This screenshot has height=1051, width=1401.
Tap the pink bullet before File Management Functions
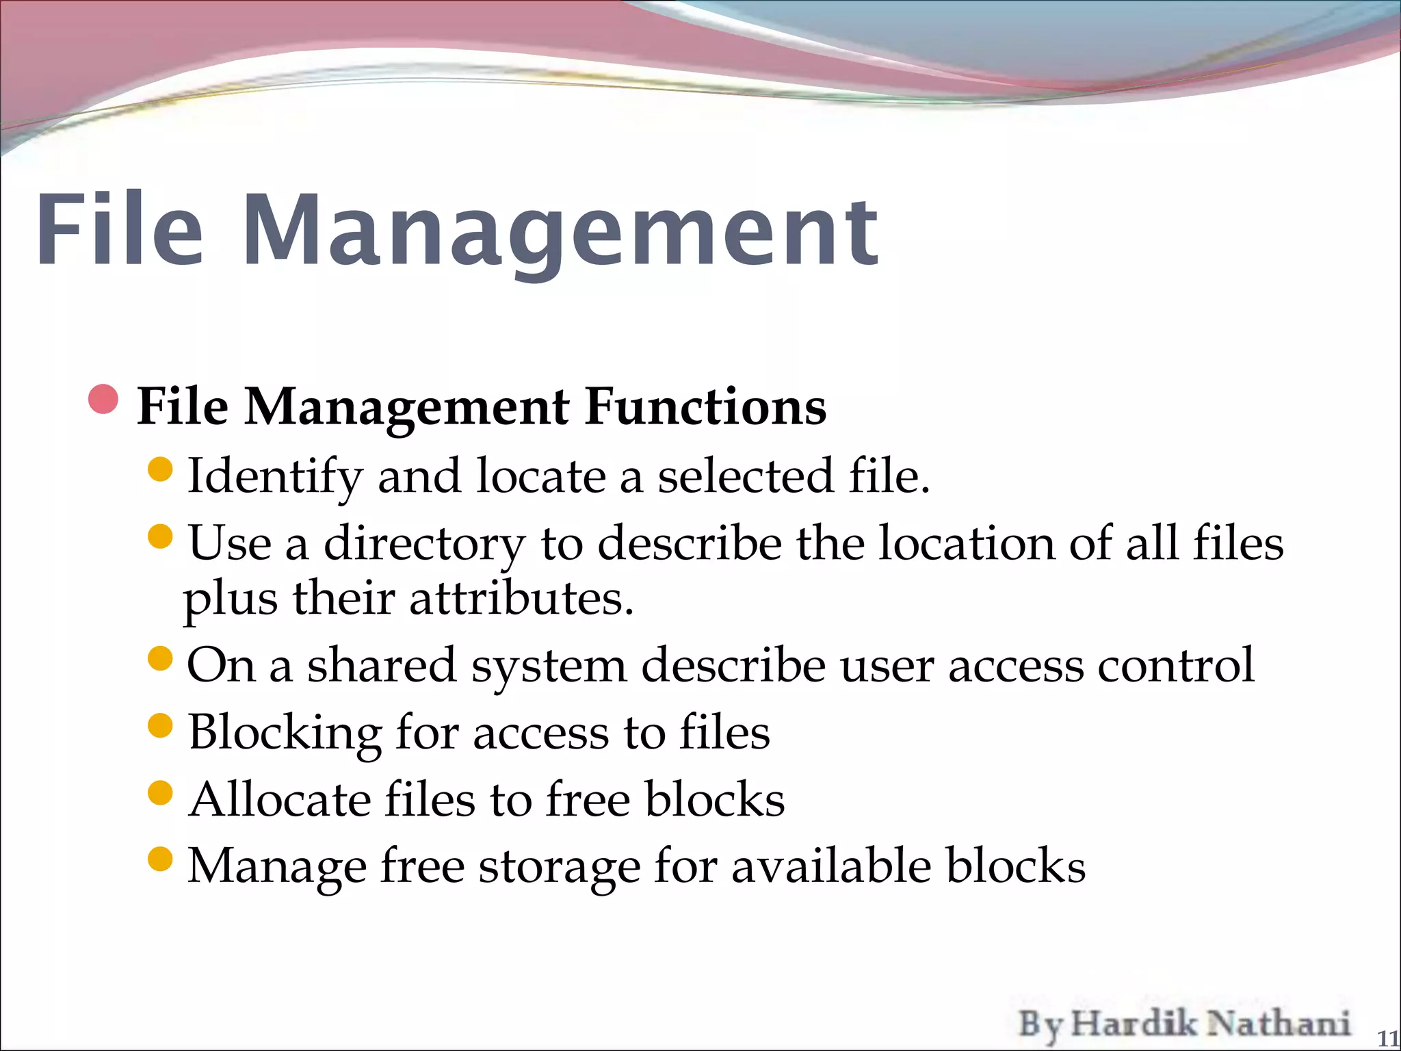pyautogui.click(x=103, y=400)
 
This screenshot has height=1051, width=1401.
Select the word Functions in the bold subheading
pyautogui.click(x=705, y=407)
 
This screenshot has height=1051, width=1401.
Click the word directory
pyautogui.click(x=424, y=544)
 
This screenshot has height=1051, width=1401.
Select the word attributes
pyautogui.click(x=521, y=599)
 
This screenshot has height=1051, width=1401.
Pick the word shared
pyautogui.click(x=381, y=664)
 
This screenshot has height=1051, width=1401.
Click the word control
pyautogui.click(x=1176, y=664)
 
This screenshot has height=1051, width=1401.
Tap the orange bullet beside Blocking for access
pyautogui.click(x=160, y=725)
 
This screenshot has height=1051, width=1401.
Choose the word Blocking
pyautogui.click(x=285, y=733)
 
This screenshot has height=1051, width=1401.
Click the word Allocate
pyautogui.click(x=280, y=799)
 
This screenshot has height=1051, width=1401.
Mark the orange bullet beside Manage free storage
pyautogui.click(x=160, y=859)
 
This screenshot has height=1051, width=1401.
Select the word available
pyautogui.click(x=831, y=866)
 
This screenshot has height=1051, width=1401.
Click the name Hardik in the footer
pyautogui.click(x=1134, y=1024)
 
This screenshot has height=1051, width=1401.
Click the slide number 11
pyautogui.click(x=1387, y=1038)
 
